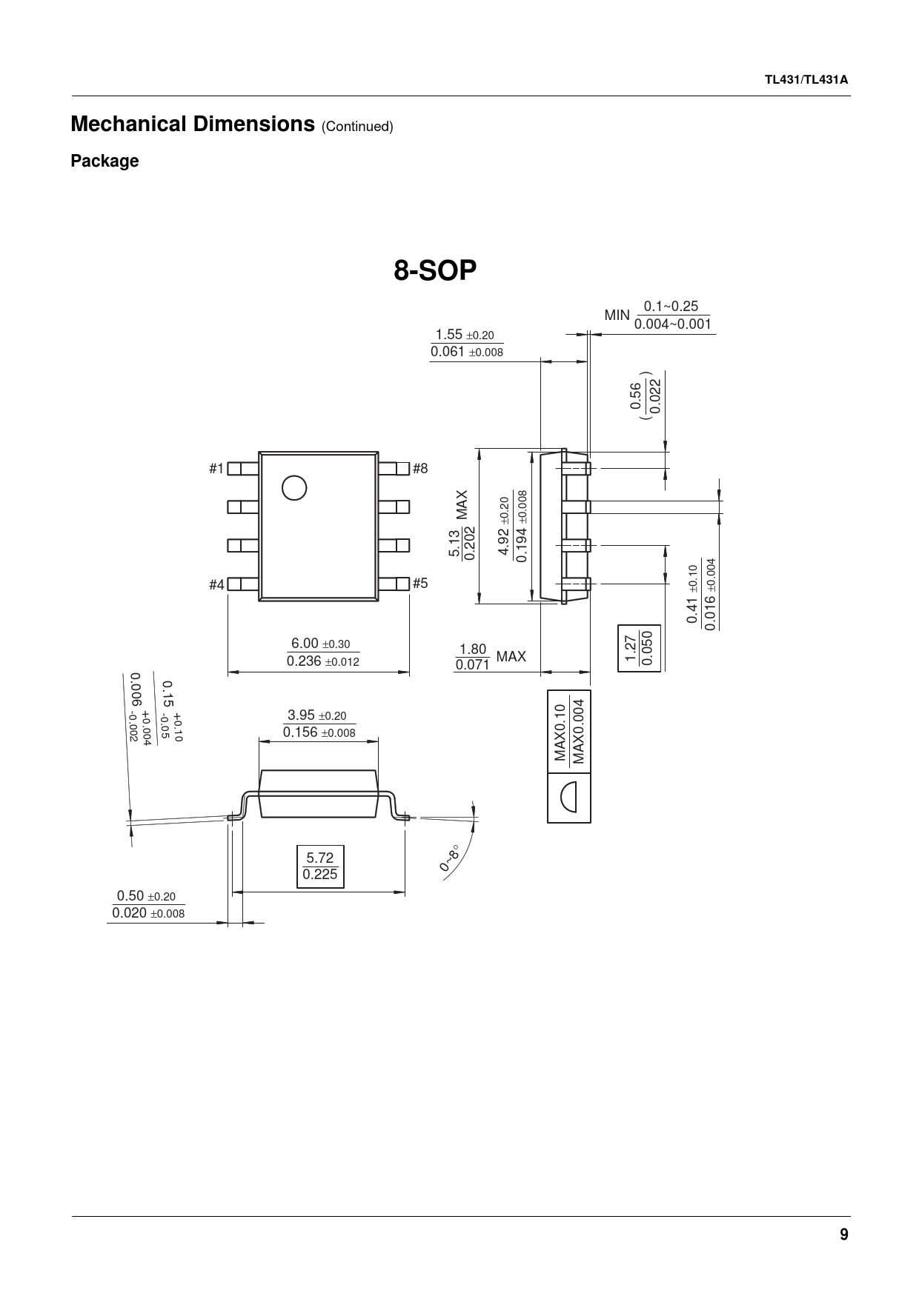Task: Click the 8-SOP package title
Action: [x=434, y=271]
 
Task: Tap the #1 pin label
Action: [x=216, y=468]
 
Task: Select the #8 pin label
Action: [x=420, y=468]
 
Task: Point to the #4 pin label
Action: [x=216, y=584]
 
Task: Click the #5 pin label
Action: [x=420, y=583]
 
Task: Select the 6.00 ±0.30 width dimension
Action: [x=322, y=652]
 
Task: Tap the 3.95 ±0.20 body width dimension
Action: [x=319, y=724]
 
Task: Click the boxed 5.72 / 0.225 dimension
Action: [x=320, y=866]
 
